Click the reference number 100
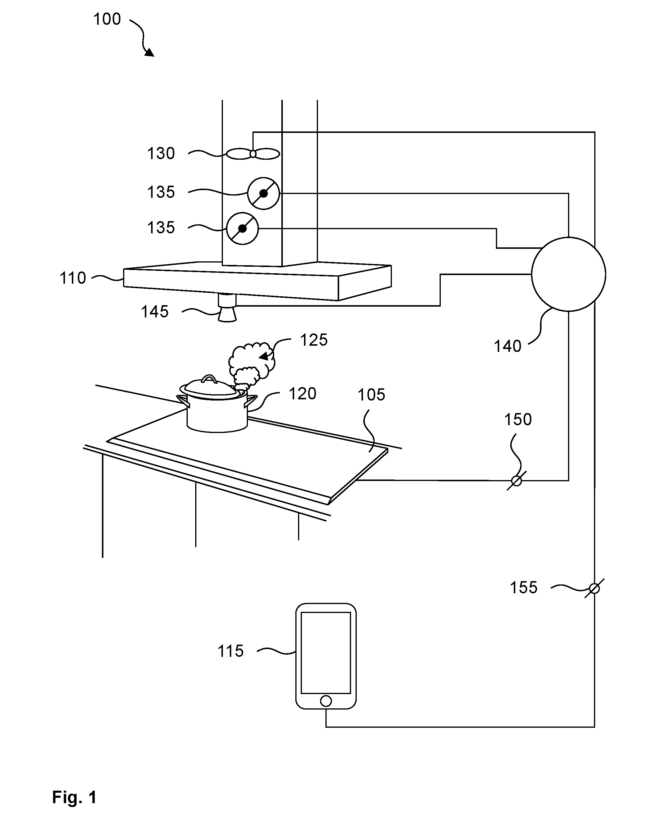tap(107, 19)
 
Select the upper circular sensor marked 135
tap(263, 193)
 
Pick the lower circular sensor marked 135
tap(242, 229)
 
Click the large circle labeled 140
tap(568, 274)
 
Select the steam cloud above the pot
tap(251, 363)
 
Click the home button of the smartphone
tap(326, 701)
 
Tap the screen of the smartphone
tap(326, 653)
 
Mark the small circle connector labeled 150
tap(516, 481)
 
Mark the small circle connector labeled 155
tap(594, 589)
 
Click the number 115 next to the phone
tap(231, 651)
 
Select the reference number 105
tap(371, 395)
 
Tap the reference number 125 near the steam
tap(314, 340)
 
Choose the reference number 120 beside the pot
tap(302, 394)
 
